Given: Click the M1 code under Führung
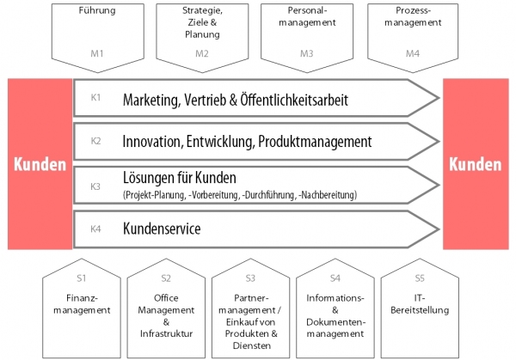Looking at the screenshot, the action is (x=97, y=53).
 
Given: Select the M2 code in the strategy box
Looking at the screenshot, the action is (x=202, y=53).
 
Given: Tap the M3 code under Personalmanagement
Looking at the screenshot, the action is (x=306, y=53).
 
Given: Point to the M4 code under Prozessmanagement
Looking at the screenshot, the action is (x=413, y=53).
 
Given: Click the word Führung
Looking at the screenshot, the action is (x=97, y=10).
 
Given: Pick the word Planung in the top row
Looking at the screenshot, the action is (x=202, y=34).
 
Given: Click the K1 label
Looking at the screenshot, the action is (x=95, y=97).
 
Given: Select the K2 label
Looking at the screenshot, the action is (x=95, y=141).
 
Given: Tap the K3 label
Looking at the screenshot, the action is (x=95, y=186).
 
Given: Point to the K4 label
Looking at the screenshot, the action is (x=95, y=229).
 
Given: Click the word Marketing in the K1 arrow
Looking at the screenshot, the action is (x=151, y=101).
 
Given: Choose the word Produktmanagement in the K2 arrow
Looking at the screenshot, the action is (x=315, y=142).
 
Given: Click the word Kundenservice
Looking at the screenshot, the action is (x=162, y=229).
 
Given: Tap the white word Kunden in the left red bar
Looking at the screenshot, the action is (x=40, y=164).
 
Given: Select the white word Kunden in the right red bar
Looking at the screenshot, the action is (x=476, y=164).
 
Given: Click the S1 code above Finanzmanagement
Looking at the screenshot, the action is (x=82, y=278).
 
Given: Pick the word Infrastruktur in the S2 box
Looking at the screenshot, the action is (x=166, y=333).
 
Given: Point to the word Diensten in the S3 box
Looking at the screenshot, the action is (x=252, y=345).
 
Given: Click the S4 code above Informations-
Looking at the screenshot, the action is (x=335, y=278).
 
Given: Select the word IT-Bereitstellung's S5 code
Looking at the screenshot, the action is (x=420, y=278).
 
